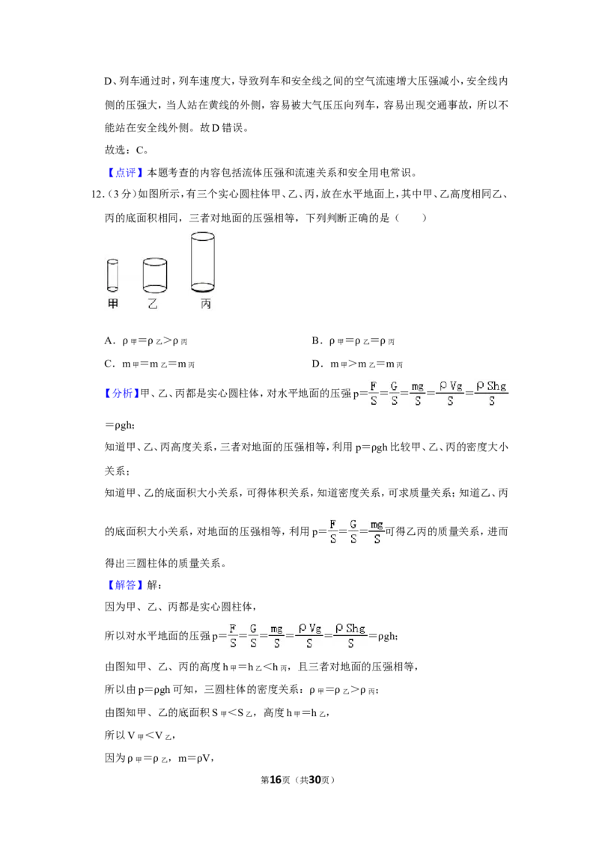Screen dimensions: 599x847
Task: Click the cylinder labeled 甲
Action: [x=112, y=275]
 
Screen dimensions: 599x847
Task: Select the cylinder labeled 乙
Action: [x=154, y=275]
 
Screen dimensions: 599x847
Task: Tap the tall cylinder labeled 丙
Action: [x=203, y=262]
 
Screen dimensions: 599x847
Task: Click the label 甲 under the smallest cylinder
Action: [x=112, y=304]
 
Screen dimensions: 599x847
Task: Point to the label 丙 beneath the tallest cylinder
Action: [x=205, y=304]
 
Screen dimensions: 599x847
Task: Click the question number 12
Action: [x=97, y=195]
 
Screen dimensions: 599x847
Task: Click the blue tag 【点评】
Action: [x=124, y=173]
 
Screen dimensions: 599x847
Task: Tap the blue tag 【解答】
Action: [x=124, y=585]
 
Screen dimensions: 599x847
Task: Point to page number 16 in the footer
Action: [x=276, y=780]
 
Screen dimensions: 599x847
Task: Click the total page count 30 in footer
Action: [x=315, y=780]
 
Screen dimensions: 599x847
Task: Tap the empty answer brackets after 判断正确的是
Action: [x=411, y=218]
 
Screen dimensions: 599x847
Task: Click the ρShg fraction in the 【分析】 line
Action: [x=491, y=394]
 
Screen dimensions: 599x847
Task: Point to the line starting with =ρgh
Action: [x=120, y=426]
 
